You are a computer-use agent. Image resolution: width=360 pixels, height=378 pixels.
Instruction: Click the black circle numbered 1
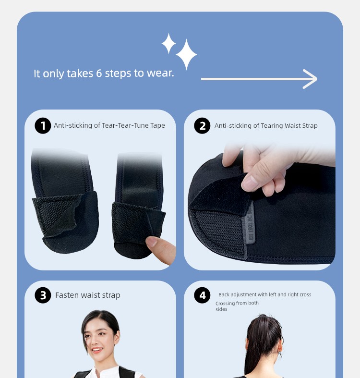[x=43, y=125]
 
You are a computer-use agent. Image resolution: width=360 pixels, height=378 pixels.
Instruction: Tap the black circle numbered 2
[x=202, y=125]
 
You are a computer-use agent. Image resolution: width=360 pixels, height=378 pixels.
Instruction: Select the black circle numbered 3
[x=43, y=295]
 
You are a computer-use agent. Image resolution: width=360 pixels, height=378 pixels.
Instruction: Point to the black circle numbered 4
[x=202, y=295]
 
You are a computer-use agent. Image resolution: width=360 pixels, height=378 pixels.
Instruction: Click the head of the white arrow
[x=312, y=79]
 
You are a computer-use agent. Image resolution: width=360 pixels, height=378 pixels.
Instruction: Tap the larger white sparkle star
[x=186, y=54]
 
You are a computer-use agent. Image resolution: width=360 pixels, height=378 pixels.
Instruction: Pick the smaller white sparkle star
[x=168, y=43]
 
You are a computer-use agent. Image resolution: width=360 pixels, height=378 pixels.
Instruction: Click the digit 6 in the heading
[x=99, y=73]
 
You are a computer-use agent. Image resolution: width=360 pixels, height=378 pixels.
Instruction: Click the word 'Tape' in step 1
[x=157, y=125]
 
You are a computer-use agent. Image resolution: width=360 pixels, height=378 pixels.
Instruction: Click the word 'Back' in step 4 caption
[x=224, y=294]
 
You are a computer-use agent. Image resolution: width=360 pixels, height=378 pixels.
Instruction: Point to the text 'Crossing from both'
[x=237, y=303]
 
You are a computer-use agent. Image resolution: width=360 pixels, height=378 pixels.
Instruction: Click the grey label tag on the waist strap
[x=251, y=223]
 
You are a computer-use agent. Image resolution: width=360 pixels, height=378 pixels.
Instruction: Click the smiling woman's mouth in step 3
[x=97, y=350]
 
